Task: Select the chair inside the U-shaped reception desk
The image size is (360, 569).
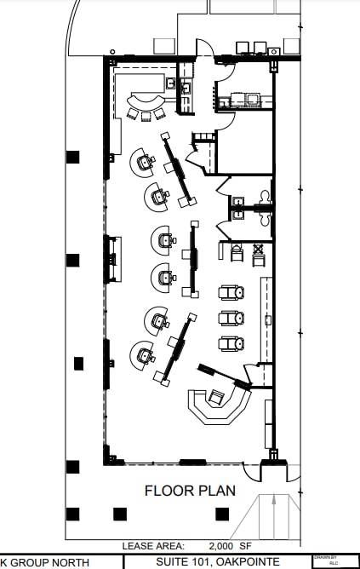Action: click(x=217, y=396)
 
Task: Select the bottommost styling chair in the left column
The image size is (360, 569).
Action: click(x=143, y=352)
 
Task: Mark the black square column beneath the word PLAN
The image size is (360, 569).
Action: click(x=222, y=514)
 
